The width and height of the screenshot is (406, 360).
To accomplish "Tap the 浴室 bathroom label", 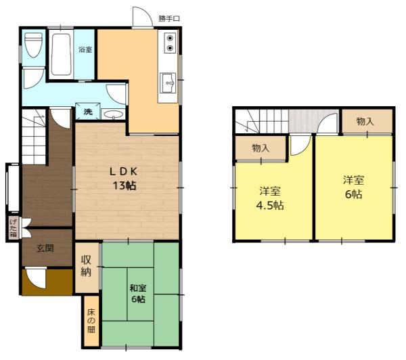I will pyautogui.click(x=85, y=49).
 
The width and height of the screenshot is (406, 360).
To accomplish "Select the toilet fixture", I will pyautogui.click(x=33, y=46).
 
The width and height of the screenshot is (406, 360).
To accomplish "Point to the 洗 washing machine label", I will pyautogui.click(x=88, y=112).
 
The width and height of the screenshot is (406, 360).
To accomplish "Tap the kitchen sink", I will pyautogui.click(x=168, y=84).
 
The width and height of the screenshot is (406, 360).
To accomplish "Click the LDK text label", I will pyautogui.click(x=125, y=170).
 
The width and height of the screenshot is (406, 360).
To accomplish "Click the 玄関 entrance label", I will pyautogui.click(x=45, y=248).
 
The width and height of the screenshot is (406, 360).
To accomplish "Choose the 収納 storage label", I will pyautogui.click(x=87, y=266).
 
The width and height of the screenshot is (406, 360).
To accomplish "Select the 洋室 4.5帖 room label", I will pyautogui.click(x=273, y=198).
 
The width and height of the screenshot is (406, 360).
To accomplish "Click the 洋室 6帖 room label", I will pyautogui.click(x=353, y=187).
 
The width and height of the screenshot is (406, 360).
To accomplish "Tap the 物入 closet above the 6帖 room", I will pyautogui.click(x=365, y=121).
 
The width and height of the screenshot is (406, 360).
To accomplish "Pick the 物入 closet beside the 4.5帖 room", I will pyautogui.click(x=261, y=148).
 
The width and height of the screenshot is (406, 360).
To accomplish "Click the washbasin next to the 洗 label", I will pyautogui.click(x=114, y=112).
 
